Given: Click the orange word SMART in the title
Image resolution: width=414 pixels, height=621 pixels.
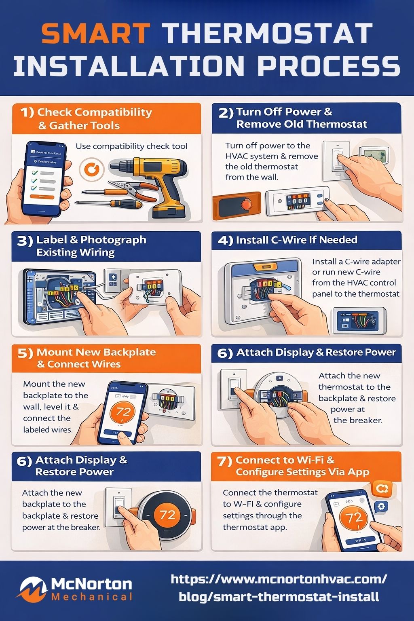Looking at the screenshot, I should pos(96,33).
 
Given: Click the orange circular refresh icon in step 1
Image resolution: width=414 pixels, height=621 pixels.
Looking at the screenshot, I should pos(91,170).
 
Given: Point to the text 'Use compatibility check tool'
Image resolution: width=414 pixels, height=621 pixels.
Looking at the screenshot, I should pos(131,146).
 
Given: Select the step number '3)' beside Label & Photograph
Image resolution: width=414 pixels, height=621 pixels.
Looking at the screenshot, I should pos(24,241).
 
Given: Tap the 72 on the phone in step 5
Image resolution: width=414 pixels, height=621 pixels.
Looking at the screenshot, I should pos(123,412).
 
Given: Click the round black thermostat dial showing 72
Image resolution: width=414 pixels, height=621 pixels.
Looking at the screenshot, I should pos(167,515).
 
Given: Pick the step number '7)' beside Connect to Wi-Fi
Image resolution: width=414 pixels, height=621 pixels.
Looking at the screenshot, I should pos(224,461).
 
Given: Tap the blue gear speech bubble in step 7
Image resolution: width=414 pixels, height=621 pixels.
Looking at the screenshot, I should pos(381,507).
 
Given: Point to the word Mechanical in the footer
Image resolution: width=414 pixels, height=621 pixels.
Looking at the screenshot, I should pos(92,597).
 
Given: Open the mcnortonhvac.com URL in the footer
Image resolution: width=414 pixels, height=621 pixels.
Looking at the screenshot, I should pos(279,587).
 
